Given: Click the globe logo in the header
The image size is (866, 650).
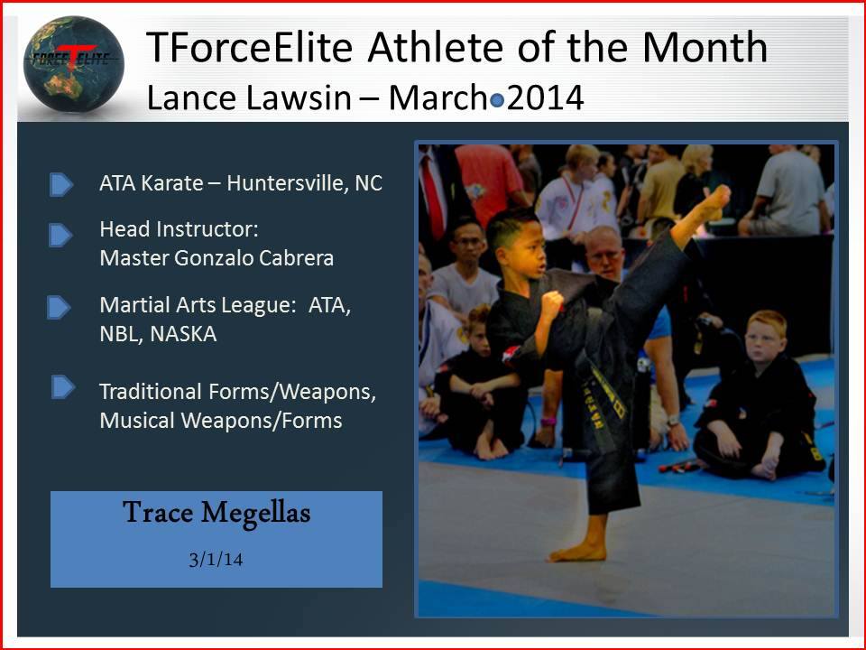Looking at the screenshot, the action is tap(73, 63).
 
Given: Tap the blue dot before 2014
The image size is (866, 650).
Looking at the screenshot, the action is tap(497, 100).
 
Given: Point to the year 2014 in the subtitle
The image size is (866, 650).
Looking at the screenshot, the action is tap(545, 97).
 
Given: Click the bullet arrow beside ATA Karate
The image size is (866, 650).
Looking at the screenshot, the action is tap(60, 184).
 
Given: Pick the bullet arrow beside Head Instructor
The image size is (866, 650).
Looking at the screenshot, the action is tap(60, 235).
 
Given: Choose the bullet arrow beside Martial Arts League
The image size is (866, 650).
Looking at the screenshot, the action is tap(59, 308).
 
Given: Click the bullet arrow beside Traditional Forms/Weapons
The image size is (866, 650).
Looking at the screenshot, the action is tap(63, 387).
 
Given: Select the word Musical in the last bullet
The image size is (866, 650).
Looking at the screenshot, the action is tap(137, 421).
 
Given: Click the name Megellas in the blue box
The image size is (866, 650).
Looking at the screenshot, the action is tap(255, 514).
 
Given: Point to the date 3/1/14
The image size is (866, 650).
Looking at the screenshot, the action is tap(216, 560).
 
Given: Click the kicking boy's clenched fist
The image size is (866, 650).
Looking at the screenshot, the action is tap(550, 304).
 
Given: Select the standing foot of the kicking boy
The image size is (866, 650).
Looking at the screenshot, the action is tap(577, 551).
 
